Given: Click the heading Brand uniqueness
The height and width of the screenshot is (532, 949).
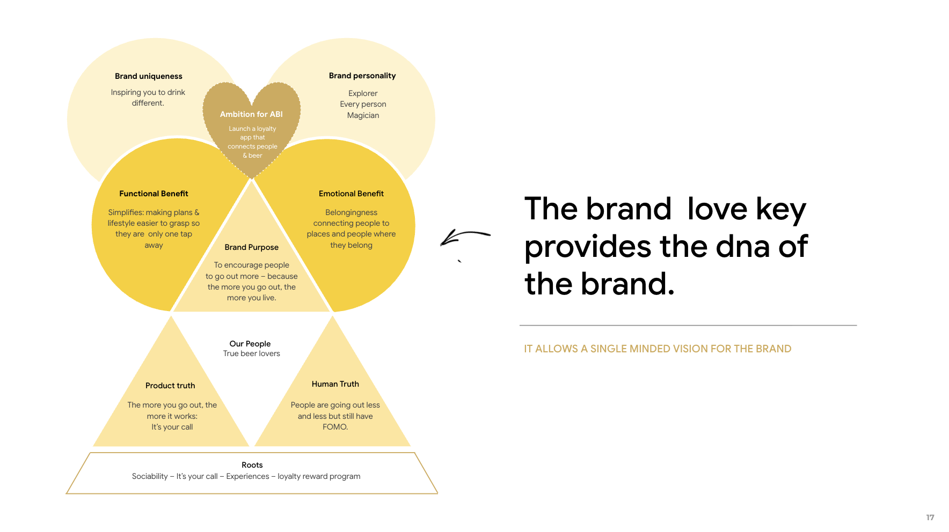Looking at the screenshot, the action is coord(149,76).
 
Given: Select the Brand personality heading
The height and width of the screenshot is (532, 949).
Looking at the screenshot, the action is coord(362,76).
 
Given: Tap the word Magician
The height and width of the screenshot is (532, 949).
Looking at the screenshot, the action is coord(363,115).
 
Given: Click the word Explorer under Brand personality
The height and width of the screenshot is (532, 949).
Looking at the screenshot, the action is coord(363,93).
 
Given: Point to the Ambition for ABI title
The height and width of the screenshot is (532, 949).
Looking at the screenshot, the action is coord(251,114).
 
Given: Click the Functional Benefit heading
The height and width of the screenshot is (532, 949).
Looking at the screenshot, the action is coord(154,194).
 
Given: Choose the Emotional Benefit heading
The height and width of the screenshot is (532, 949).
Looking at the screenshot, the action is coord(351,194).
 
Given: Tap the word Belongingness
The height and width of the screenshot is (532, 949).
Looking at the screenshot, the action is coord(351,212).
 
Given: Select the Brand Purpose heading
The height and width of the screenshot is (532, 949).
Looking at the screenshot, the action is coord(251,247).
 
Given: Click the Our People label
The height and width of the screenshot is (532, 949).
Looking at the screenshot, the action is coord(250,344).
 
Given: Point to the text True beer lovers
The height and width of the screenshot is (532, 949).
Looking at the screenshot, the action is coord(252,353).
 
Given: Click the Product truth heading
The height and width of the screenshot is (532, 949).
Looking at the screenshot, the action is coord(170,386).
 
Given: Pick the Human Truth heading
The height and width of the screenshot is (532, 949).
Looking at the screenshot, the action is coord(335,384).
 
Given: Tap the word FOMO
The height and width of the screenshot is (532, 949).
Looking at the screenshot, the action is coord(334,427).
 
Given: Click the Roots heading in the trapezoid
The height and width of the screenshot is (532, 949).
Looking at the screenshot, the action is coord(252,465).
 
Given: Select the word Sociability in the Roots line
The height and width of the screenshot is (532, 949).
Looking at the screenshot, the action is coord(150,476).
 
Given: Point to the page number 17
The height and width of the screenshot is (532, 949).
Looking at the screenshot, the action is coord(930,518).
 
